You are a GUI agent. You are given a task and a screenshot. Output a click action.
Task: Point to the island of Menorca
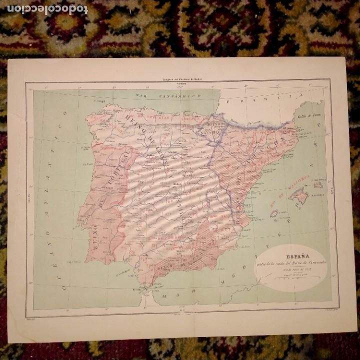coord(318,184)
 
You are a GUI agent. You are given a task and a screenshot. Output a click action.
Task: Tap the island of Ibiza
coord(274,214)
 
